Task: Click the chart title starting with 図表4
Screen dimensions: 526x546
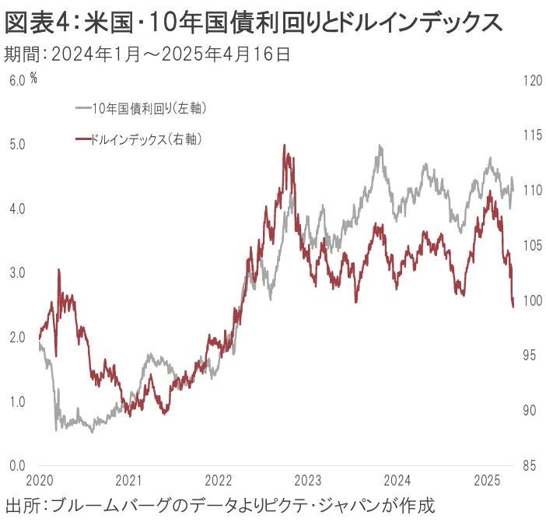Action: (x=253, y=23)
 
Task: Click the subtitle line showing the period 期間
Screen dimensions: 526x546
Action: (x=148, y=54)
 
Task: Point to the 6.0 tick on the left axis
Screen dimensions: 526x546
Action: (x=17, y=80)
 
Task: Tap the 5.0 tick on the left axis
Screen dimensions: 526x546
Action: (x=17, y=145)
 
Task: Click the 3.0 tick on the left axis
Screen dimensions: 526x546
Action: (x=17, y=273)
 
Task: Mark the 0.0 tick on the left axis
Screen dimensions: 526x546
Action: (x=17, y=466)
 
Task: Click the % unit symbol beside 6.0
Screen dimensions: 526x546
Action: (x=34, y=78)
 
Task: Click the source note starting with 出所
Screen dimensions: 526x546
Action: (x=219, y=505)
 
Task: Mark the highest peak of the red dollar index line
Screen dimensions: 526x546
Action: (x=285, y=146)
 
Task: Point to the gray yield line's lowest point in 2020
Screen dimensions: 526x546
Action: (x=56, y=430)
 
